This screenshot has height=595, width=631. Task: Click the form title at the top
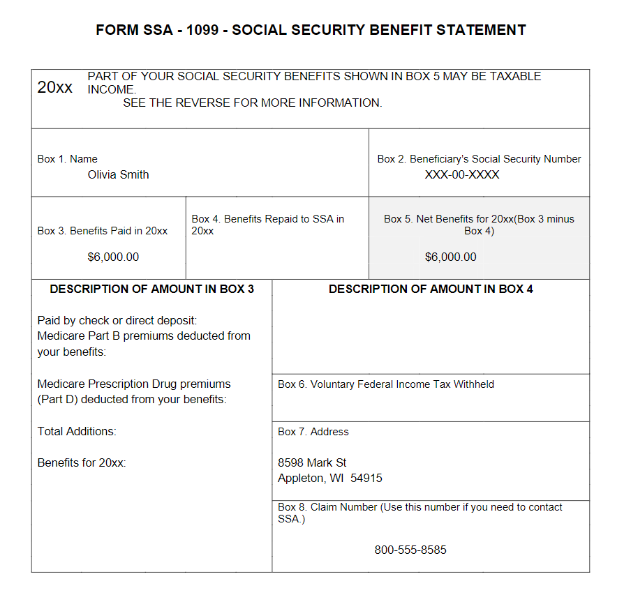pyautogui.click(x=311, y=30)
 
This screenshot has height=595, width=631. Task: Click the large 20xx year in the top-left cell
pyautogui.click(x=54, y=88)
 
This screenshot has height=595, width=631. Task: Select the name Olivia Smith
pyautogui.click(x=118, y=175)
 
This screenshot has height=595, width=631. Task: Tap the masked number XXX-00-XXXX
pyautogui.click(x=462, y=175)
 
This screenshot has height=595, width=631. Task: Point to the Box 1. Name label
pyautogui.click(x=68, y=159)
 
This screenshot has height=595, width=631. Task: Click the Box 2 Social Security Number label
pyautogui.click(x=479, y=159)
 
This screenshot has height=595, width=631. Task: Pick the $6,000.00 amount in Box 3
pyautogui.click(x=113, y=257)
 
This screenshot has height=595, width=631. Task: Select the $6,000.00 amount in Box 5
pyautogui.click(x=451, y=257)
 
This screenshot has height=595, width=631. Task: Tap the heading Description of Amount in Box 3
pyautogui.click(x=151, y=289)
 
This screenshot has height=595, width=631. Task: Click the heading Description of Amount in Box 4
pyautogui.click(x=431, y=289)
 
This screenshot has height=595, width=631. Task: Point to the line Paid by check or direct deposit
pyautogui.click(x=117, y=321)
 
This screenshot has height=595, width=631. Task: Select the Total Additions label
pyautogui.click(x=77, y=432)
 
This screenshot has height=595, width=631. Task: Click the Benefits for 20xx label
pyautogui.click(x=82, y=463)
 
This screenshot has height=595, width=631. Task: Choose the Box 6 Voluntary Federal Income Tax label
pyautogui.click(x=386, y=384)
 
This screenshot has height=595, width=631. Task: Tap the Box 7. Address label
pyautogui.click(x=313, y=432)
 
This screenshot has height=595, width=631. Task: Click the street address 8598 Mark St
pyautogui.click(x=312, y=463)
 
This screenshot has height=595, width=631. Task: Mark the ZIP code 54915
pyautogui.click(x=366, y=479)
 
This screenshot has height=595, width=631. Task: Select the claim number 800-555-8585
pyautogui.click(x=410, y=550)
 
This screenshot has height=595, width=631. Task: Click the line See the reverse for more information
pyautogui.click(x=253, y=103)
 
